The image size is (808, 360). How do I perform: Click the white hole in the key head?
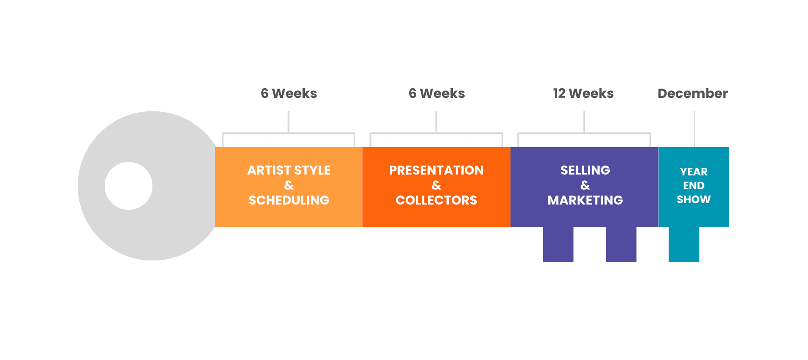(128, 186)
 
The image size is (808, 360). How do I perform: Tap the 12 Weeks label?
(583, 93)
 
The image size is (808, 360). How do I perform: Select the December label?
(693, 93)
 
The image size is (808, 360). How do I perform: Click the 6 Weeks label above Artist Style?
(289, 93)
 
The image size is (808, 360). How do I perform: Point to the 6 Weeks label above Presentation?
(437, 93)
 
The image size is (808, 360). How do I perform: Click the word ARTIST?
(269, 170)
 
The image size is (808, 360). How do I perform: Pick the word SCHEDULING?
(289, 200)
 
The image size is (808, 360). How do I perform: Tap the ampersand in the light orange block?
(289, 185)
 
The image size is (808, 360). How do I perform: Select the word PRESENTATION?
(437, 170)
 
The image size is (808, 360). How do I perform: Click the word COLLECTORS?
(437, 200)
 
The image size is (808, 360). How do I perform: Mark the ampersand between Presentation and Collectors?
(437, 185)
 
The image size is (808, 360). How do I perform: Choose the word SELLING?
(585, 170)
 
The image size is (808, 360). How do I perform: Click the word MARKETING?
(585, 200)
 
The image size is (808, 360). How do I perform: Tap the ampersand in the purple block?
(585, 185)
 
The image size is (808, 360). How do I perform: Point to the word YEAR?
(694, 172)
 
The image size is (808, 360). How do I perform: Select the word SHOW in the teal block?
(694, 200)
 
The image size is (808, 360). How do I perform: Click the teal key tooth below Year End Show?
(684, 244)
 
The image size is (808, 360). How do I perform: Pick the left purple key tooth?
(558, 244)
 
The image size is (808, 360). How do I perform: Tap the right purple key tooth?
(621, 244)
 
